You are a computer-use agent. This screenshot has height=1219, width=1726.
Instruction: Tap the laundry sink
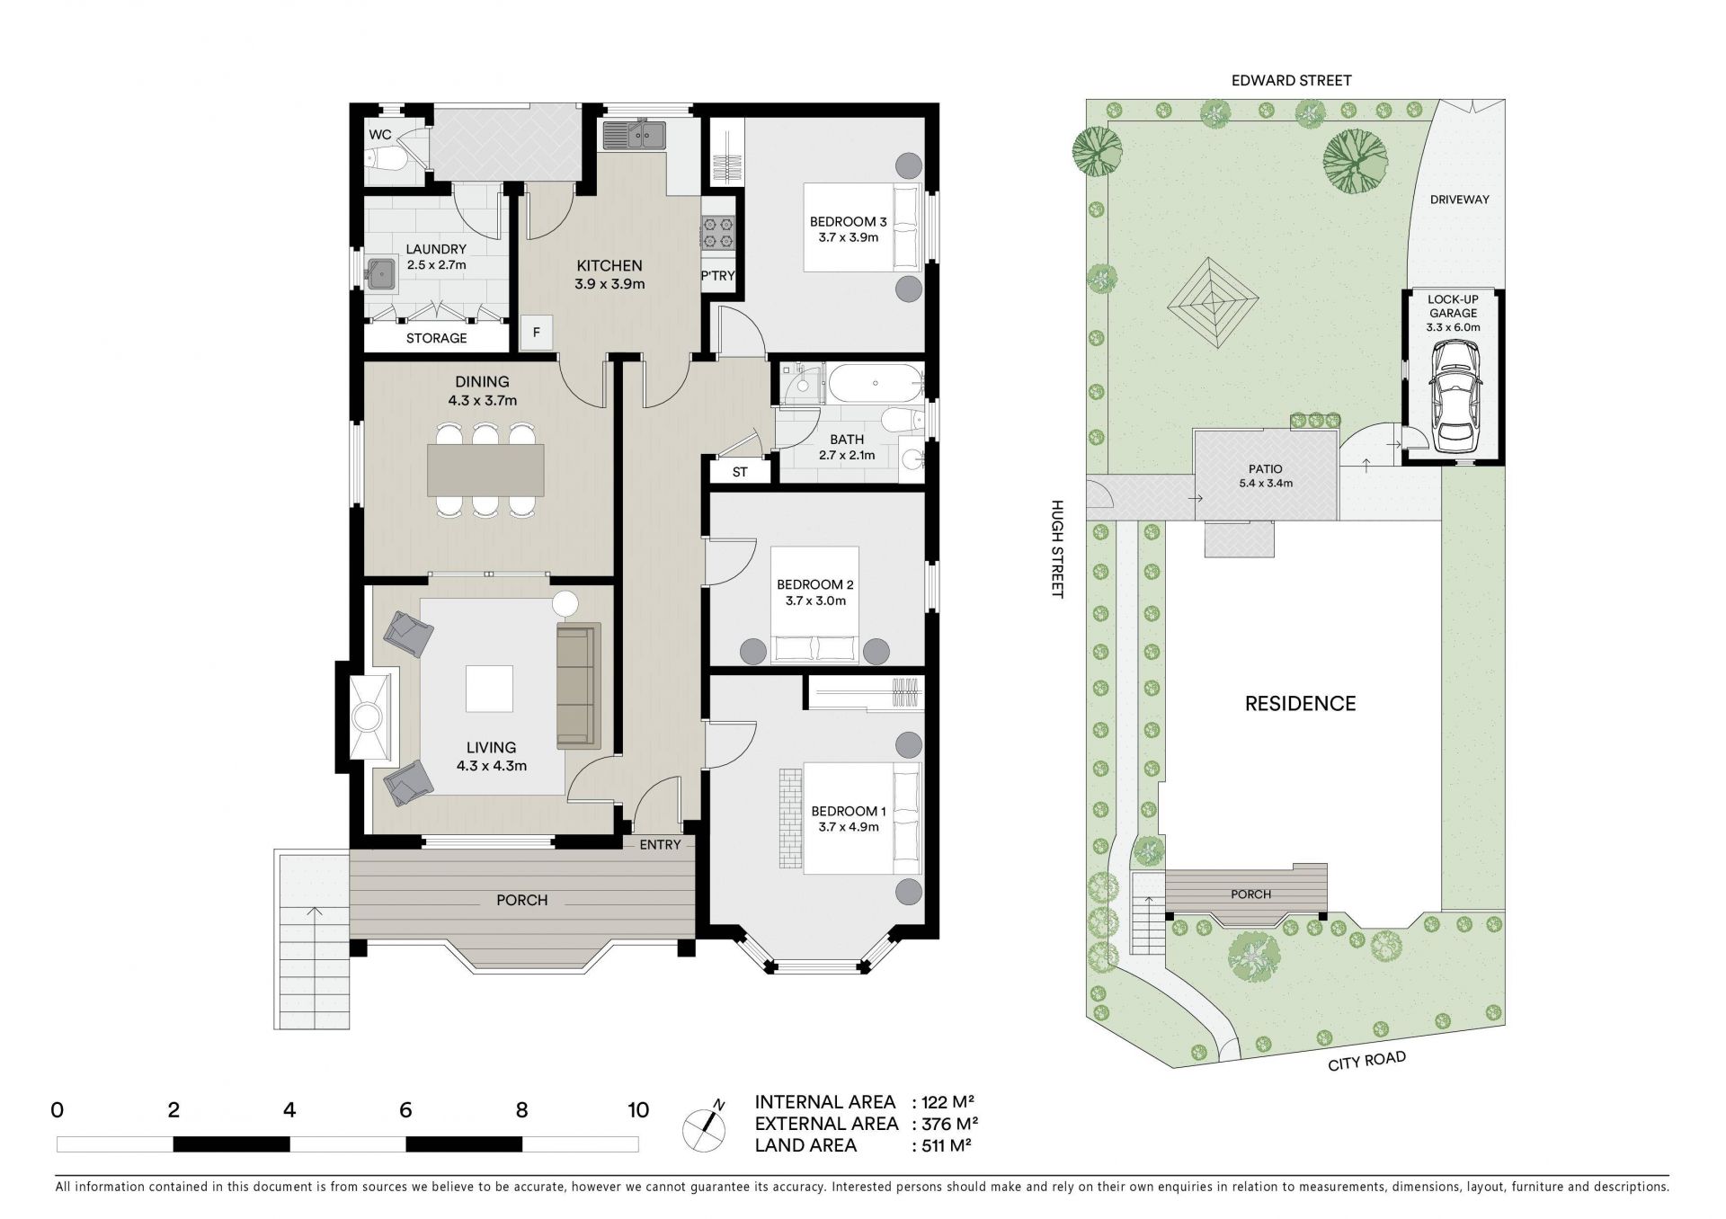(x=382, y=272)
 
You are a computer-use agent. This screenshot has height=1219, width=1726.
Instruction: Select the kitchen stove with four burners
(x=718, y=233)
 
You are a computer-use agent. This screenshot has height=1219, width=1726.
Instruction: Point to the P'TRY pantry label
(x=718, y=276)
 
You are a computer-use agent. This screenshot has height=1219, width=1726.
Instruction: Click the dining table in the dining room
(x=486, y=470)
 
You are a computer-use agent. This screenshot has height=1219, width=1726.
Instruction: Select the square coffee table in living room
(x=489, y=689)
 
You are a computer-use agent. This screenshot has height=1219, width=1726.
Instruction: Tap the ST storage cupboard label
(x=740, y=471)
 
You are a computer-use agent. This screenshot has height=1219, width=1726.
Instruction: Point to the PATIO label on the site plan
(x=1265, y=468)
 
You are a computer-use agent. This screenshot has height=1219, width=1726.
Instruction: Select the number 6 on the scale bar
(x=405, y=1110)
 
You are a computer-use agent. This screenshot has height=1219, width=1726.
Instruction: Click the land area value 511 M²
(x=943, y=1145)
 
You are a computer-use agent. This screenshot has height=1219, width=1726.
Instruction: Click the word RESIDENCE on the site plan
(x=1300, y=704)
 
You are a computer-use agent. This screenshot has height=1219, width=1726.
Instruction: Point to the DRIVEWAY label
(x=1460, y=200)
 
